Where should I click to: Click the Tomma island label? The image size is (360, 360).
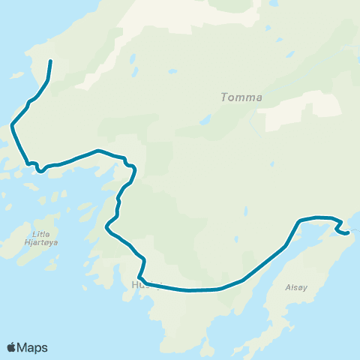click(241, 97)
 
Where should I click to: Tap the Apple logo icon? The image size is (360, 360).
click(12, 347)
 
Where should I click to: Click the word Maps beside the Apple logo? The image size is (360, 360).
click(34, 347)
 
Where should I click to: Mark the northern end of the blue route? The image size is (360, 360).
click(50, 61)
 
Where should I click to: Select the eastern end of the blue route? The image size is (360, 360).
click(349, 233)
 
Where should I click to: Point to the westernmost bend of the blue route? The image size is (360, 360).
click(12, 127)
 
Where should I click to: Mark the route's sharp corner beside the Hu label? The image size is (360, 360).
click(140, 277)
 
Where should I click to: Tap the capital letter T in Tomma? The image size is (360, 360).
click(225, 97)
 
